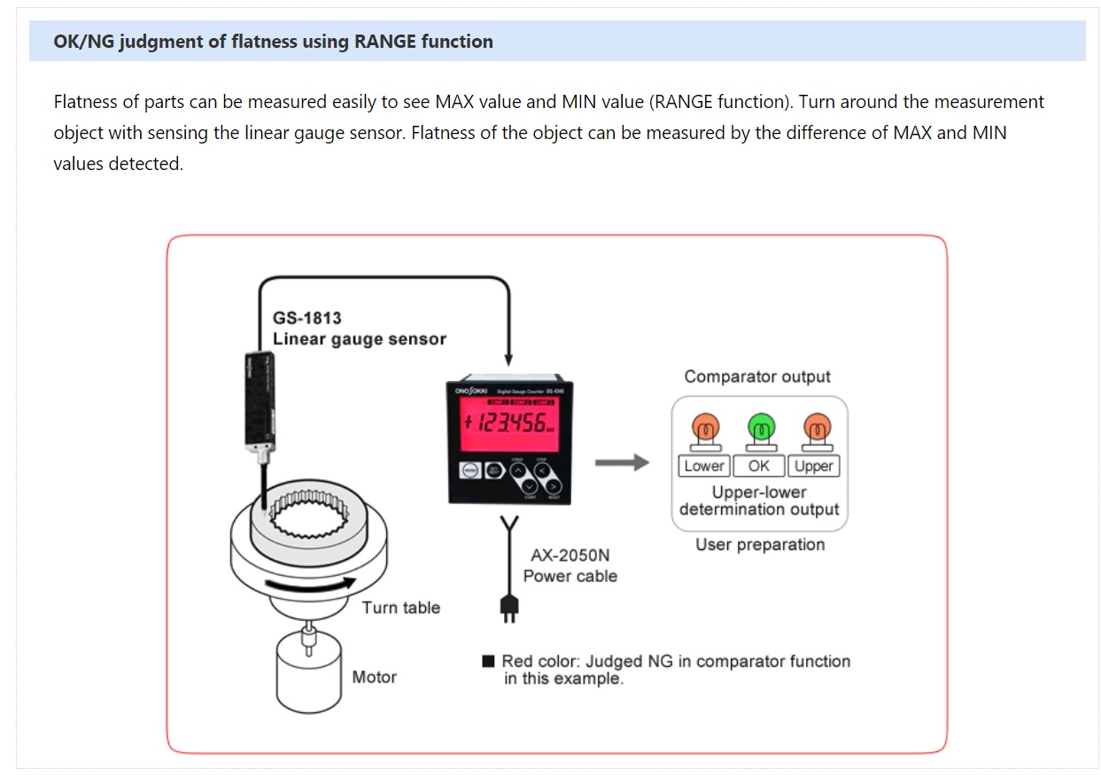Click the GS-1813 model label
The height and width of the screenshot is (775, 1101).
(x=306, y=318)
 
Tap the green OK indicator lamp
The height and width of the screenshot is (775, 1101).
(x=759, y=430)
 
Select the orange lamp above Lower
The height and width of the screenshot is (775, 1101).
(x=705, y=430)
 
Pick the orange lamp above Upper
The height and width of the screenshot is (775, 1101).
(x=813, y=430)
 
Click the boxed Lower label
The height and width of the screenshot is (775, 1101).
(x=705, y=466)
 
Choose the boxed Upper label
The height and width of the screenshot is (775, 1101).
(x=813, y=466)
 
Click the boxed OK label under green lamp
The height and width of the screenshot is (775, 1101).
(x=759, y=466)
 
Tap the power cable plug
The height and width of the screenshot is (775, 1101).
(x=510, y=608)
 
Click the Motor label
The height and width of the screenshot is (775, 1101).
(x=374, y=678)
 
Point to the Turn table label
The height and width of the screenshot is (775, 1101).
(x=400, y=608)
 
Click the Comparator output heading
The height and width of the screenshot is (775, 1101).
(x=757, y=376)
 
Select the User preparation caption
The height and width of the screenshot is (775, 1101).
(x=759, y=545)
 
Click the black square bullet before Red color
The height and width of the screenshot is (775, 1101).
(x=488, y=662)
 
